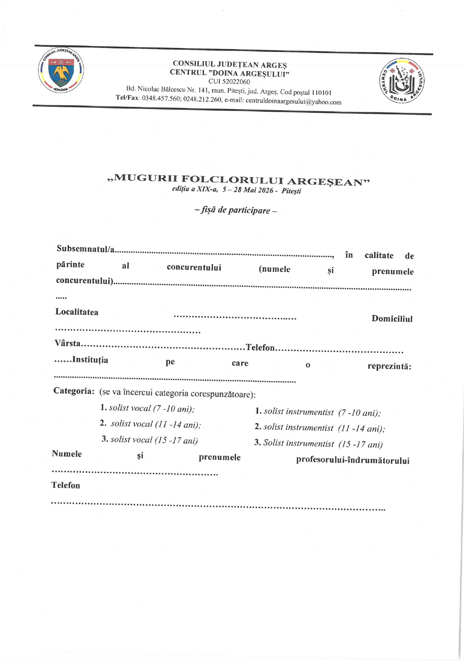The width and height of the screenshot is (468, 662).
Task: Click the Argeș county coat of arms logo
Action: (x=61, y=71)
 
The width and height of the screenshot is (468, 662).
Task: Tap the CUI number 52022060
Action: (x=229, y=82)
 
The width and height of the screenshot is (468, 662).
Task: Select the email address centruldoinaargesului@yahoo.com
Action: (x=293, y=101)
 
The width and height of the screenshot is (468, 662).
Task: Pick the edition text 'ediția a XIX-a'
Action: (x=195, y=189)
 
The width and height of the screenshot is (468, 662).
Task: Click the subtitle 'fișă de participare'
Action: (x=236, y=210)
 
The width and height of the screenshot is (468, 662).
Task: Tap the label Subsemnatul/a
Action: (x=86, y=248)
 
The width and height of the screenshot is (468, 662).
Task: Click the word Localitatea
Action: (x=77, y=312)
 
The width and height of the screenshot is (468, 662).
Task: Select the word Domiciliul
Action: (x=392, y=319)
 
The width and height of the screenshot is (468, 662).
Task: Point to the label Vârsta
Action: (x=68, y=343)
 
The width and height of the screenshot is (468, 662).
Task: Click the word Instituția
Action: (x=90, y=360)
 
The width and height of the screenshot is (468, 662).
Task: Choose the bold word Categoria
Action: (x=74, y=390)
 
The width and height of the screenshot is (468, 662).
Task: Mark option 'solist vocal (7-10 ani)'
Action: (x=148, y=408)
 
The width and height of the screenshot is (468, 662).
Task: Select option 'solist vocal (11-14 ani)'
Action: (x=151, y=424)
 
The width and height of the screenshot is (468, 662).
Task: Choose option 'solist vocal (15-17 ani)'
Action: (x=150, y=440)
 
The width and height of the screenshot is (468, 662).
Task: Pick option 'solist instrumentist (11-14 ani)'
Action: (x=320, y=428)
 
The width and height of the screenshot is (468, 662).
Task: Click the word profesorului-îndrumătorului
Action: (x=353, y=460)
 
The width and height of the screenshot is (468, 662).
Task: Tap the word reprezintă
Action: (x=389, y=366)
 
